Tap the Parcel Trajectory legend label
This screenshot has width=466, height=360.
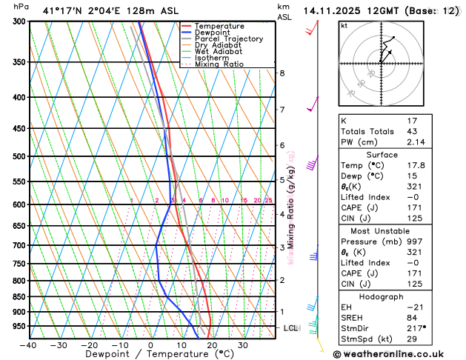pos(229,39)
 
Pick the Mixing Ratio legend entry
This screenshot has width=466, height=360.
pos(221,64)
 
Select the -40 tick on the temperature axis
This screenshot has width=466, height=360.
pos(28,345)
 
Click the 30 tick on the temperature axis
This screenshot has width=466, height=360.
pos(243,345)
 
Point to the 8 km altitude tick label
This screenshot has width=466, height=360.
pos(282,73)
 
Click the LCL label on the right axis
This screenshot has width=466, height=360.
pos(290,327)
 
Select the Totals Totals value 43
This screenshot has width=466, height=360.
pos(413,131)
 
